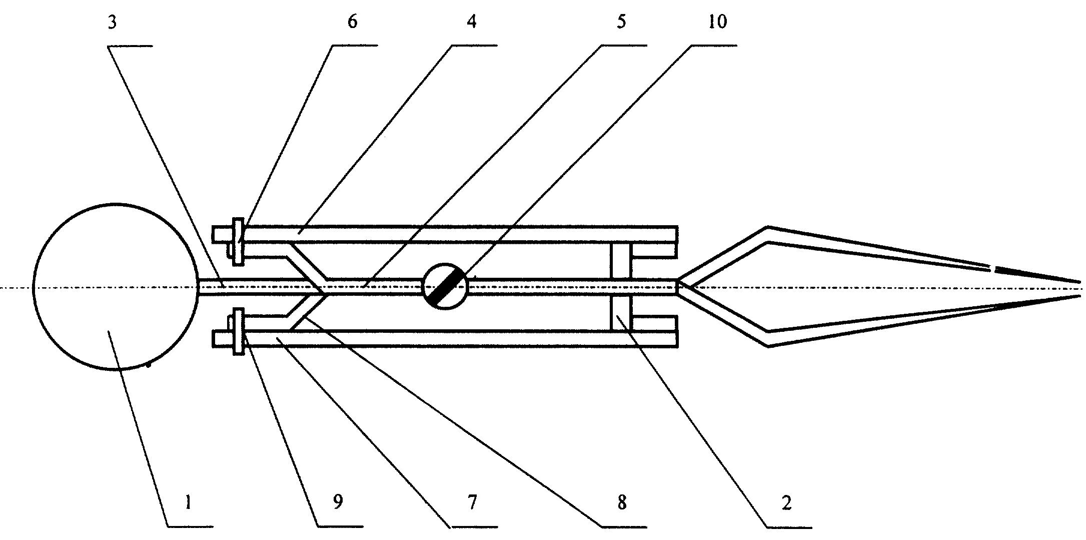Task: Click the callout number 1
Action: pos(188,502)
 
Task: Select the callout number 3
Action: pos(113,23)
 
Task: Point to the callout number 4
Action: pos(472,23)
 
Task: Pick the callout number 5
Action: pos(621,23)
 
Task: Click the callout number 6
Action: pos(353,23)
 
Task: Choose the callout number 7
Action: pos(472,502)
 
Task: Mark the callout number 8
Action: pos(621,502)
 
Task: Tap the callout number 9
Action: pos(338,502)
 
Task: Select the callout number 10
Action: pos(717,23)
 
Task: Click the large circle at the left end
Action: pos(34,287)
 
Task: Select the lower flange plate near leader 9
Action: pos(239,332)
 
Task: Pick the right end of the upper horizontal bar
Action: pos(677,235)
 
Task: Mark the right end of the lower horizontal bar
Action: pos(677,339)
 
